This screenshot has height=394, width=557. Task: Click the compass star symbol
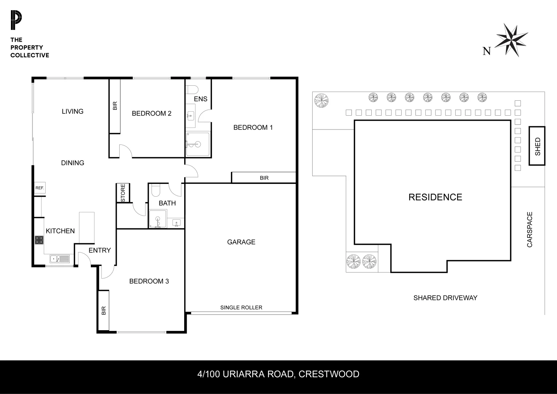tap(512, 40)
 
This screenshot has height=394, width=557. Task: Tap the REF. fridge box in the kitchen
tap(39, 188)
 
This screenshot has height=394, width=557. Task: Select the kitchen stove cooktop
tap(39, 240)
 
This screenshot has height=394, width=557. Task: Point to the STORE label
tap(123, 193)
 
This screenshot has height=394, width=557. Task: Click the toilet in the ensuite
tap(192, 89)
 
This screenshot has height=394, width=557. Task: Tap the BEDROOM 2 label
tap(151, 113)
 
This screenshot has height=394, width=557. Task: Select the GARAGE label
tap(241, 242)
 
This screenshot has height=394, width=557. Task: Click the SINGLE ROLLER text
tap(241, 308)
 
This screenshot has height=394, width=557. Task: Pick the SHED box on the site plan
tap(537, 146)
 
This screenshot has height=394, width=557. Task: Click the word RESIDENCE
tap(435, 197)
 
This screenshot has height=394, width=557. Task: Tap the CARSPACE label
tap(530, 229)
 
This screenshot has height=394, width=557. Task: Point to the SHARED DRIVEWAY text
tap(445, 298)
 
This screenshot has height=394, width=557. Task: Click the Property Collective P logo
tap(16, 20)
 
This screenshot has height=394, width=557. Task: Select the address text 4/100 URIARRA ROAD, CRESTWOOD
tap(278, 374)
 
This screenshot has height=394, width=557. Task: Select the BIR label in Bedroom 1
tap(264, 178)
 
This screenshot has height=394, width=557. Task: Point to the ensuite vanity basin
tap(190, 116)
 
